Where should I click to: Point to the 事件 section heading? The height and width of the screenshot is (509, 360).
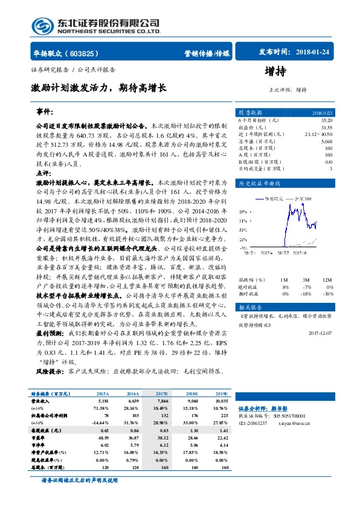[46, 112]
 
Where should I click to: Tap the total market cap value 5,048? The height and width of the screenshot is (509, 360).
[326, 141]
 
